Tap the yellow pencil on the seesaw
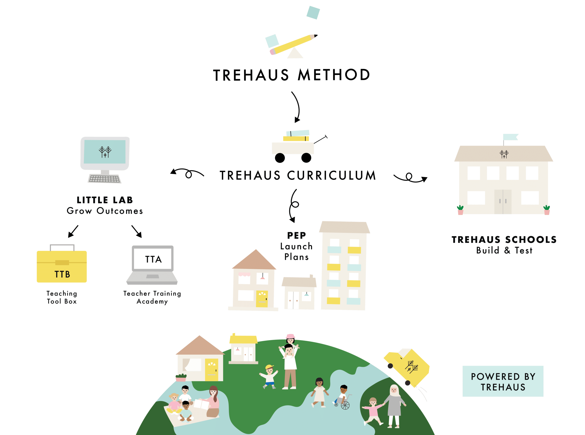tap(294, 45)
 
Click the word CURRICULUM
tap(331, 176)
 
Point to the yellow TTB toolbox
tap(62, 266)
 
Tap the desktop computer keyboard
tap(105, 179)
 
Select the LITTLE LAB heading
tap(105, 200)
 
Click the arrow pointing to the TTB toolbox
tap(73, 231)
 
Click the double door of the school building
tap(503, 202)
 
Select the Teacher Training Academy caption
tap(152, 297)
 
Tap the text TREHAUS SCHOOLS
tap(504, 240)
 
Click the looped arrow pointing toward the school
tap(410, 178)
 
